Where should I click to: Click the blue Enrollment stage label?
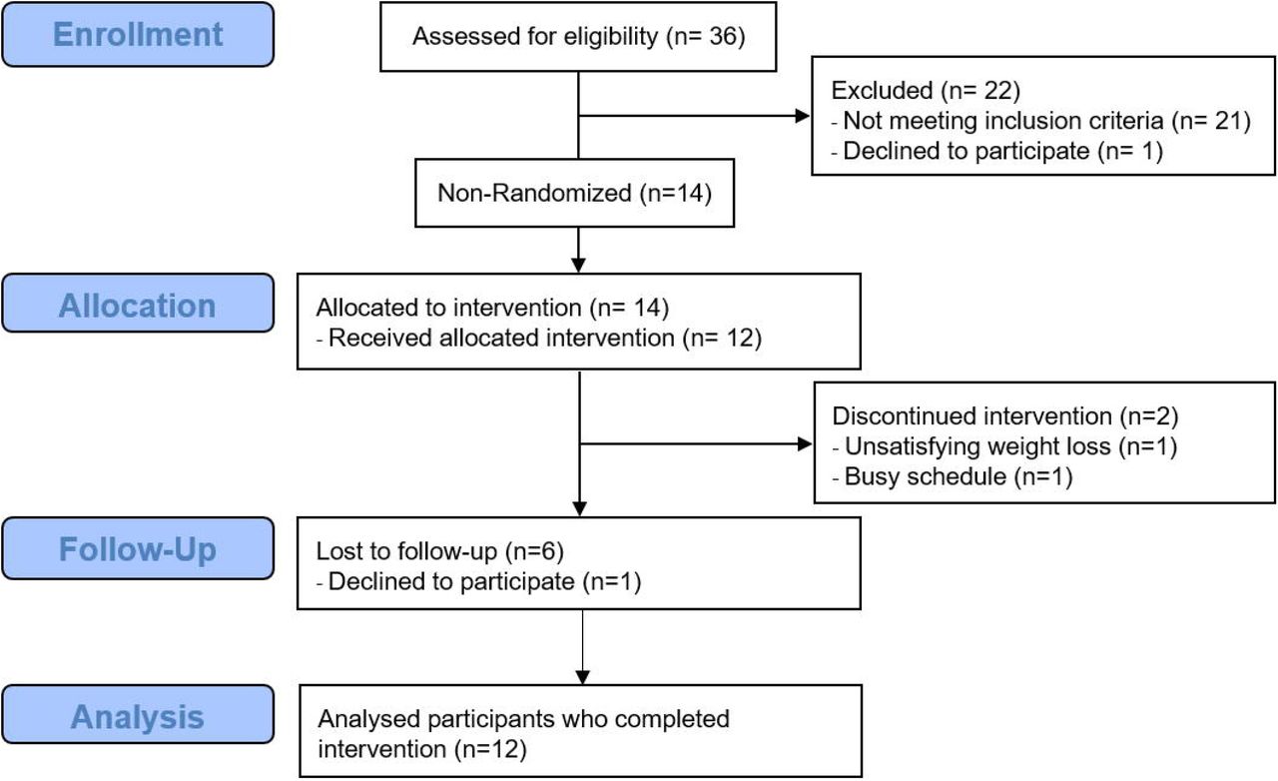tap(138, 34)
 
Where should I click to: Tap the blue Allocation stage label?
tap(138, 304)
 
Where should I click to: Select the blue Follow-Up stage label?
tap(138, 548)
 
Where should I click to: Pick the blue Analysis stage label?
tap(138, 715)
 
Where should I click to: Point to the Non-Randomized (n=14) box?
tap(574, 193)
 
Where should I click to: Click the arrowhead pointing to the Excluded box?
tap(802, 116)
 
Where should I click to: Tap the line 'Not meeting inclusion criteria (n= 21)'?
tap(1046, 121)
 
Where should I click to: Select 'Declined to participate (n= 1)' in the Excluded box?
tap(1002, 151)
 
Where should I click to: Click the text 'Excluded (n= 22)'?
tap(926, 90)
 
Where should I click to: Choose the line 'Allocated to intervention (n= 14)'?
tap(492, 308)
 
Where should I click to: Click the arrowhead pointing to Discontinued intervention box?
tap(805, 443)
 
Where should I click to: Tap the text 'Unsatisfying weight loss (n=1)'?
tap(1010, 446)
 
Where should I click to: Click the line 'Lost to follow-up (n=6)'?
tap(440, 551)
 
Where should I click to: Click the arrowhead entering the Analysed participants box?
tap(582, 678)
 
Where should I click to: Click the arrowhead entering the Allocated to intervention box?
tap(578, 266)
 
